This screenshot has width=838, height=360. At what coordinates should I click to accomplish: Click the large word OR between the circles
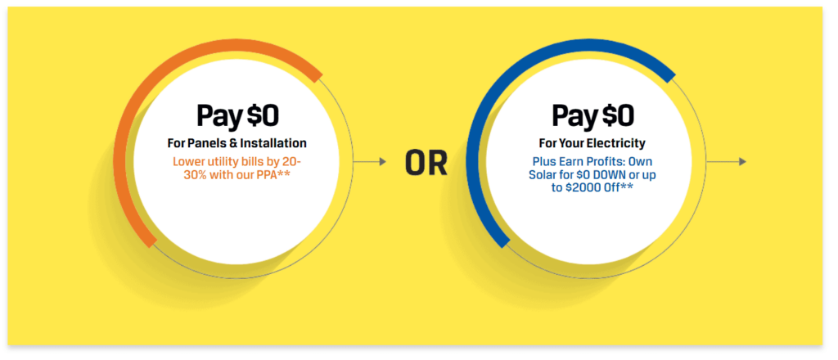(x=426, y=162)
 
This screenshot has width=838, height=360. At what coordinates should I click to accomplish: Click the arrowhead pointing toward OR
(x=383, y=161)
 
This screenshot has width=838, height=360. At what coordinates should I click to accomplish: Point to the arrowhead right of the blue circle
(x=743, y=161)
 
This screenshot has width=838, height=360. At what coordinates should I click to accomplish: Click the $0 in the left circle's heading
(x=263, y=116)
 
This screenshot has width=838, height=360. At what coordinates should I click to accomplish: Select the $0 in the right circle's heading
(x=618, y=116)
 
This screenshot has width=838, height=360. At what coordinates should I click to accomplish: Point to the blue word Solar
(x=541, y=174)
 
